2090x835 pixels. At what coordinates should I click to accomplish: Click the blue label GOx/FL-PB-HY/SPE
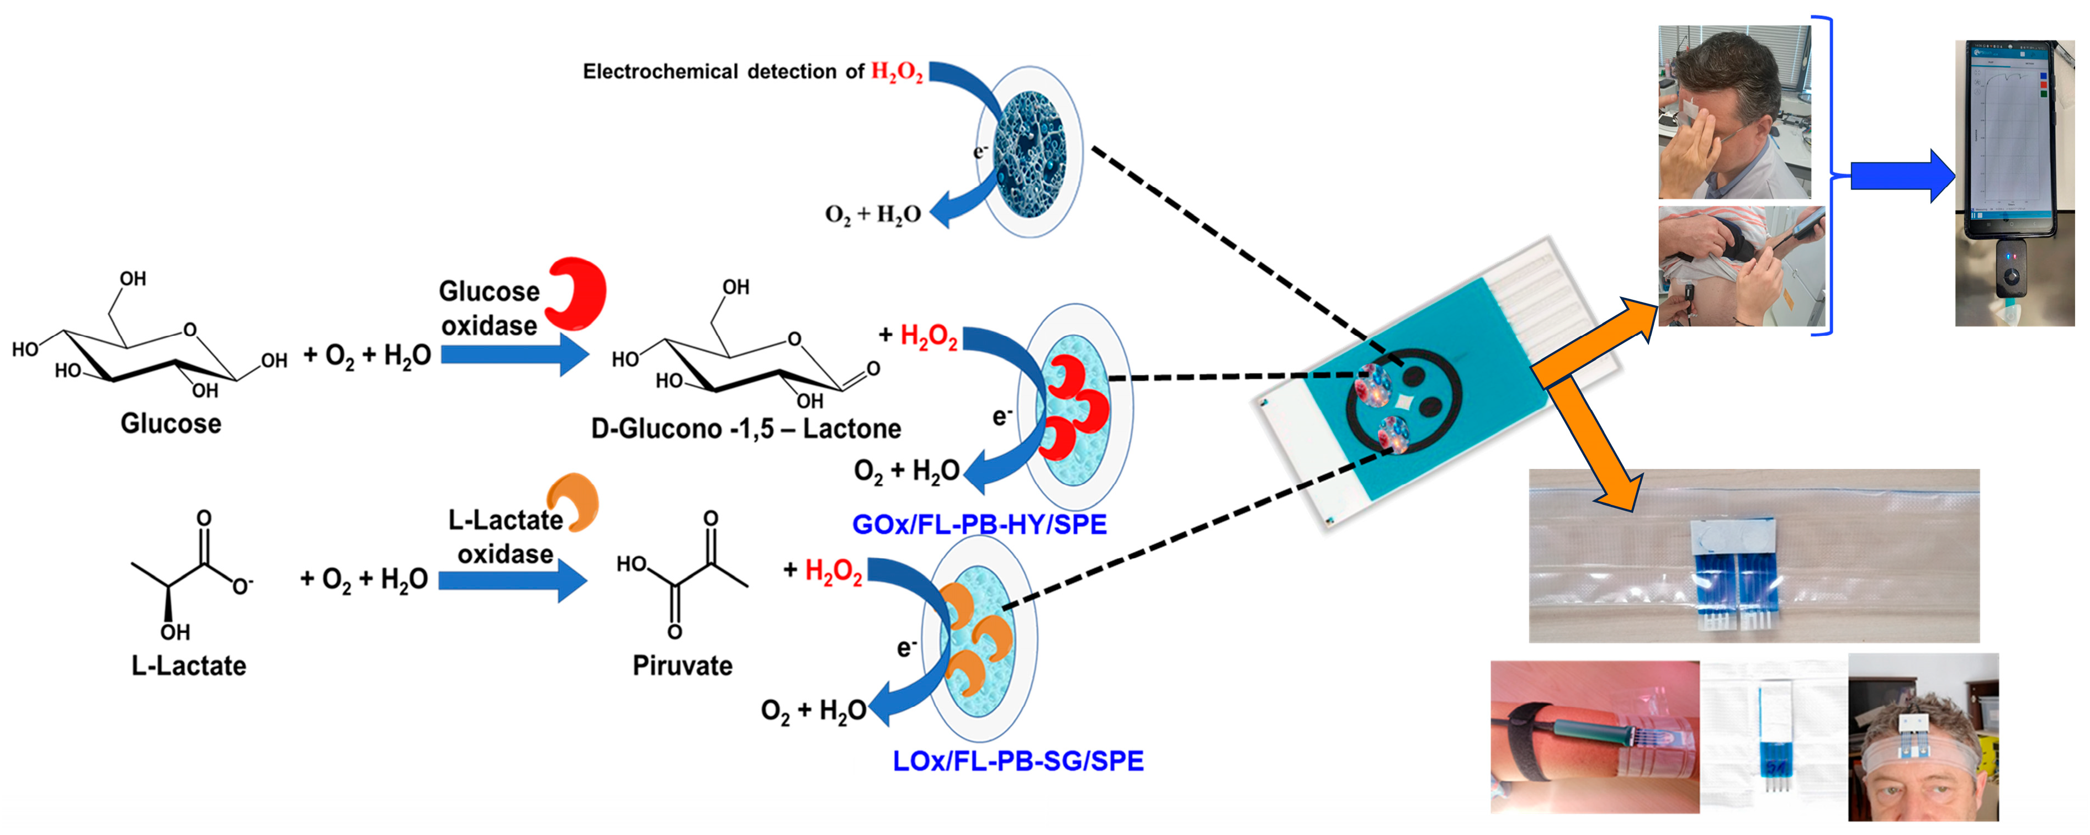tap(979, 524)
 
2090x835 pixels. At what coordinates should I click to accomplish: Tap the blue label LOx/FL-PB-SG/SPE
tap(1018, 761)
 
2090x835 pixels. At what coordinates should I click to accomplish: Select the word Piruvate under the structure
tap(682, 666)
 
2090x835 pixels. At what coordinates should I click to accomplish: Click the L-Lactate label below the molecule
tap(189, 666)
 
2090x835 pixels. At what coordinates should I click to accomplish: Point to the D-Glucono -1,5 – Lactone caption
tap(746, 429)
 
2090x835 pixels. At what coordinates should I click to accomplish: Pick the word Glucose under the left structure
tap(171, 424)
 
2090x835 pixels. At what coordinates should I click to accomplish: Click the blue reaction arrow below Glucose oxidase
tap(514, 355)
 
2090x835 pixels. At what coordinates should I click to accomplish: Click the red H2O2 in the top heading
tap(897, 72)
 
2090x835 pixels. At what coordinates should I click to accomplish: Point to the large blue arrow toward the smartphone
tap(1902, 175)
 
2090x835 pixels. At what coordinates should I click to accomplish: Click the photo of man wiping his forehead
tap(1734, 112)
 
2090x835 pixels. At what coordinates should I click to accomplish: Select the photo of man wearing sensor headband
tap(1923, 737)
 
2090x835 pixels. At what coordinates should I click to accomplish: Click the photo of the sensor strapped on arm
tap(1594, 737)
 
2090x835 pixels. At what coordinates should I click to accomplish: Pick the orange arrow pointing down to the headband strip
tap(1594, 446)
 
